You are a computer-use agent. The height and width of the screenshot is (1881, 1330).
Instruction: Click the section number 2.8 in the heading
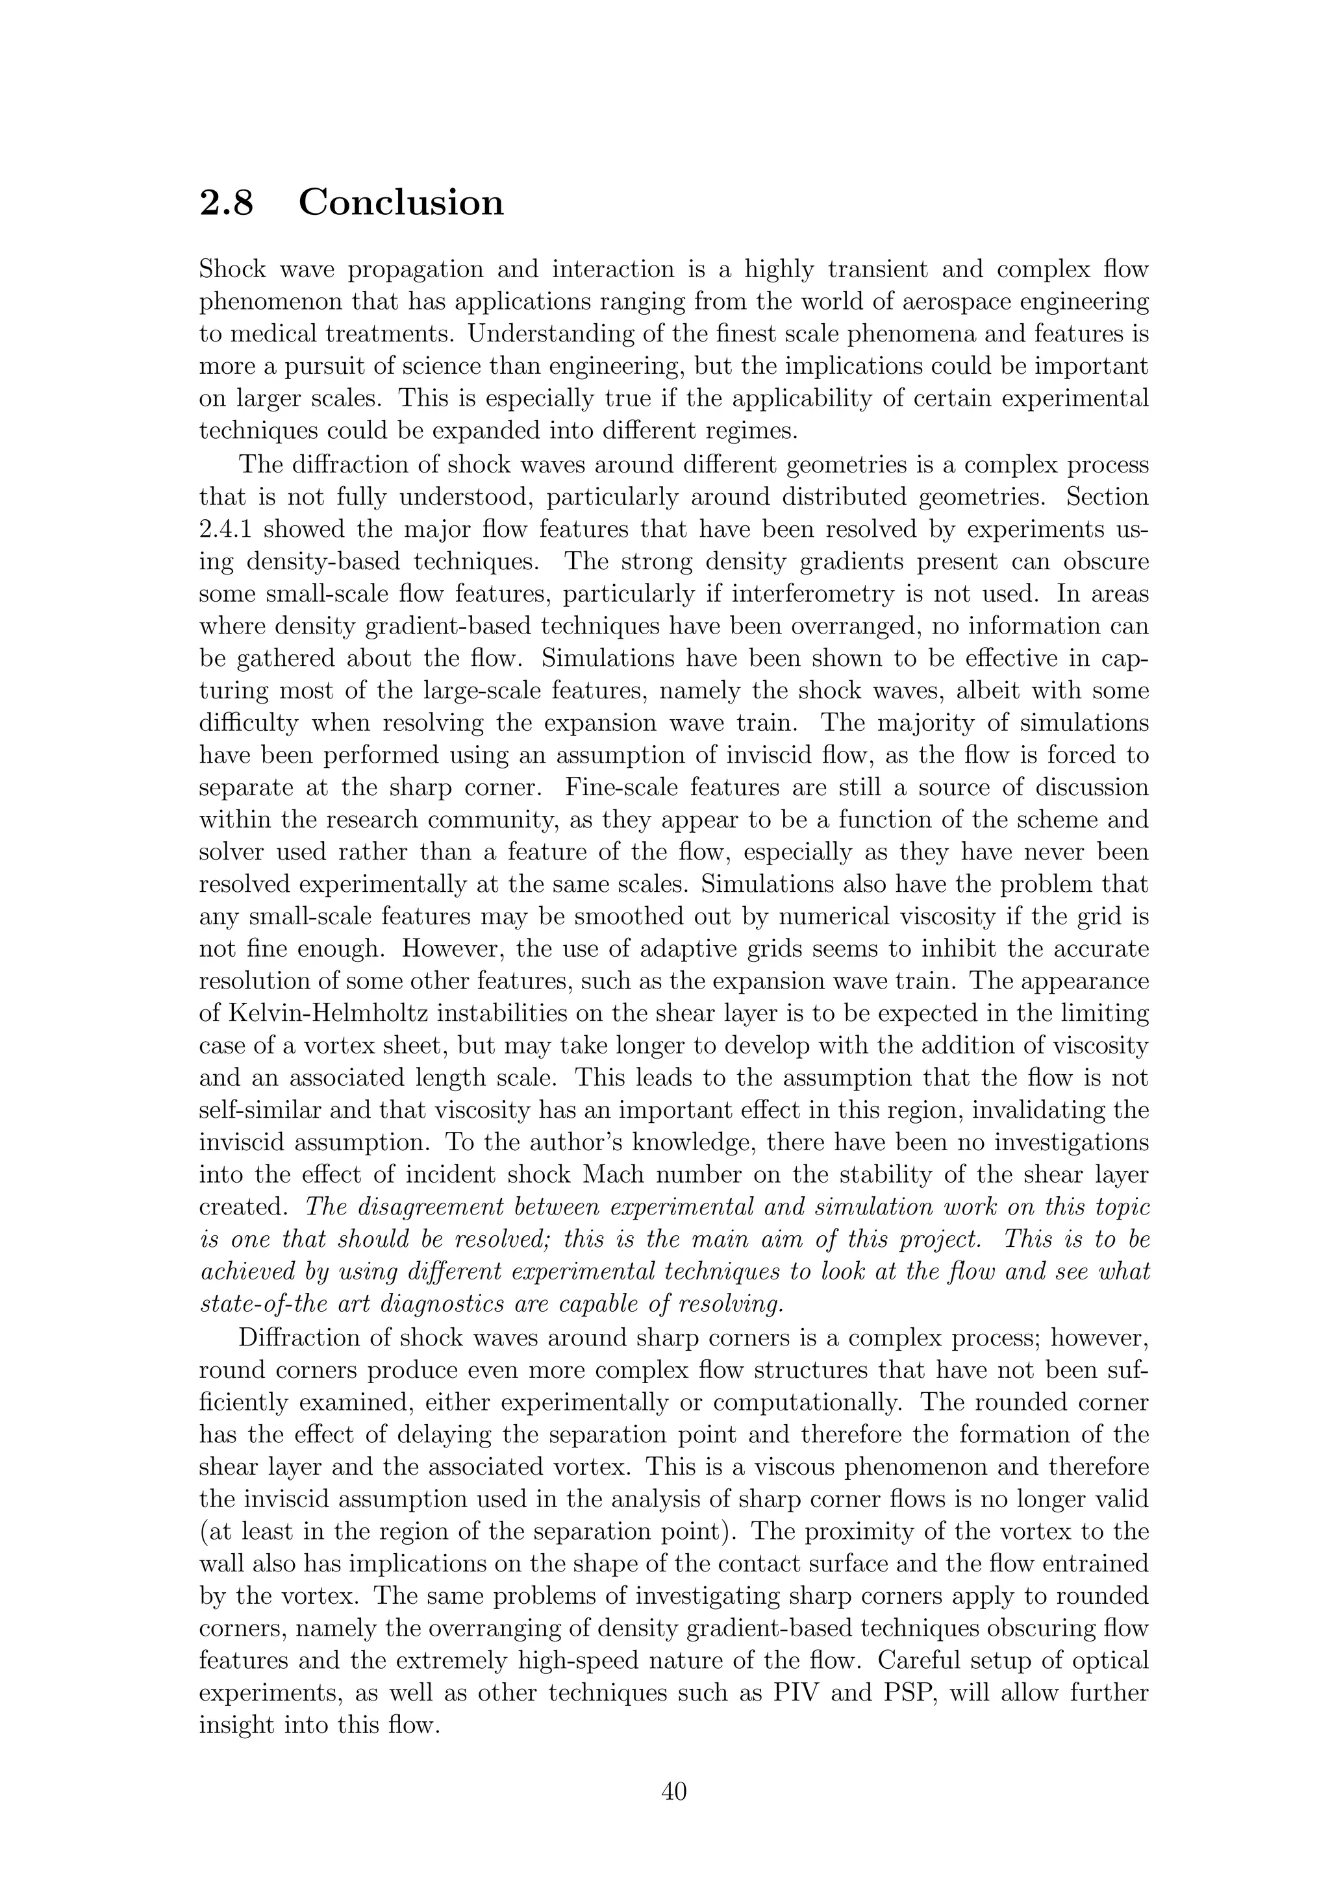click(x=226, y=203)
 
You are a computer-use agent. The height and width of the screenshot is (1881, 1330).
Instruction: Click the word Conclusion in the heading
click(x=401, y=203)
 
